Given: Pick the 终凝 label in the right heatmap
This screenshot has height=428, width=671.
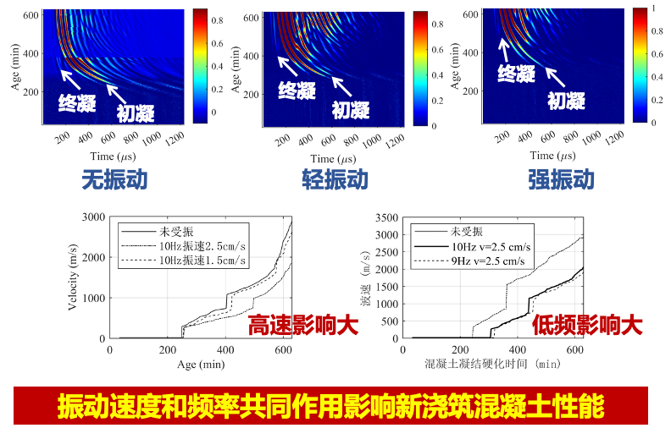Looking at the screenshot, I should tap(516, 74).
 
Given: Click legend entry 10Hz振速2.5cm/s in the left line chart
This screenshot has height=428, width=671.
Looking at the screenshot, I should tap(207, 245).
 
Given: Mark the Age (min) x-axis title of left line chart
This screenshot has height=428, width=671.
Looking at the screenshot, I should tap(196, 364).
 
